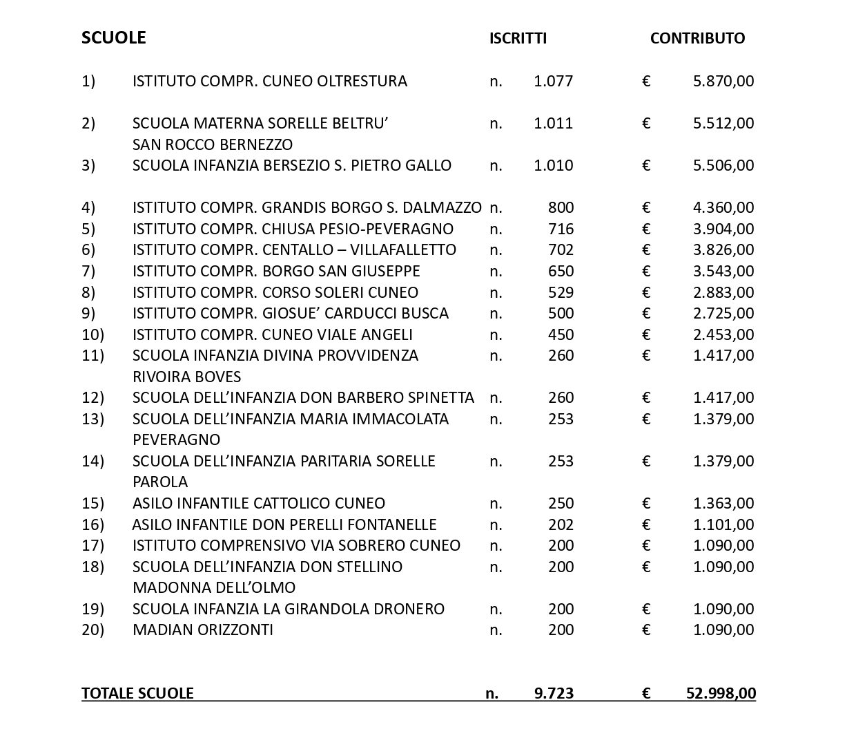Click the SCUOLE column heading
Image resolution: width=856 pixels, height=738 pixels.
coord(113,37)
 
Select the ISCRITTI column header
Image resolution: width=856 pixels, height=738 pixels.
coord(518,39)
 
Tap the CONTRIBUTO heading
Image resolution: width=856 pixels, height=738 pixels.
coord(697,39)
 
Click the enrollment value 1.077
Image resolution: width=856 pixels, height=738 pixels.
coord(553,82)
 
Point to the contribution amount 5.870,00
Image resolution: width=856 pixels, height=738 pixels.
coord(723,82)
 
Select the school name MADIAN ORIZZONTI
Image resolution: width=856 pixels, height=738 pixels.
coord(202,630)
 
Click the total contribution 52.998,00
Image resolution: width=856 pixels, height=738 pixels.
coord(721,693)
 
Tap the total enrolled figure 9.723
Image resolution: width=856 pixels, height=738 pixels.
coord(554,693)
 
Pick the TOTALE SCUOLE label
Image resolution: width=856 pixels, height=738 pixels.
coord(137,693)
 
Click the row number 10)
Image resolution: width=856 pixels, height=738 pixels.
coord(93,335)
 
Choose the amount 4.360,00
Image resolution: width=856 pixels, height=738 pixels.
coord(723,208)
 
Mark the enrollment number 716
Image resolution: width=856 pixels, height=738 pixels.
coord(561,229)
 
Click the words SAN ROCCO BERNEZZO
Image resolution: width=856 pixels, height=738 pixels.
coord(212,145)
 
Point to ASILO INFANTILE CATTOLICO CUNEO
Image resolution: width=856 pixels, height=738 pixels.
coord(259,504)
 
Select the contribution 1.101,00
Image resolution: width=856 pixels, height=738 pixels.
coord(723,525)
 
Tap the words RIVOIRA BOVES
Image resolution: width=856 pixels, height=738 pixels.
coord(186,377)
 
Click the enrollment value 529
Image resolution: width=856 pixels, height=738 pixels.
coord(561,292)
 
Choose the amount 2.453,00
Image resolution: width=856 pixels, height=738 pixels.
coord(723,335)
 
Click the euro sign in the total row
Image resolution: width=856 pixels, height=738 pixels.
coord(646,693)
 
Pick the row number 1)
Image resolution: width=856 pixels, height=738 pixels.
coord(88,82)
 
